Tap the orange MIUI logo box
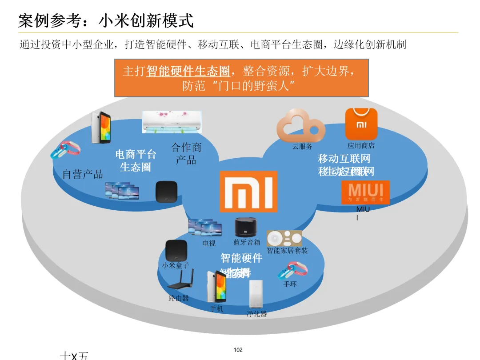click(365, 192)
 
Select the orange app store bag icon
click(361, 124)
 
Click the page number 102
click(238, 350)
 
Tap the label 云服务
click(302, 147)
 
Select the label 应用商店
click(361, 146)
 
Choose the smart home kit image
click(284, 238)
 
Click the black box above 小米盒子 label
click(176, 251)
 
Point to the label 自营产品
click(83, 174)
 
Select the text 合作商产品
click(186, 153)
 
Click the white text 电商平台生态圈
click(136, 160)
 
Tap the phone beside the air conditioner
click(100, 127)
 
